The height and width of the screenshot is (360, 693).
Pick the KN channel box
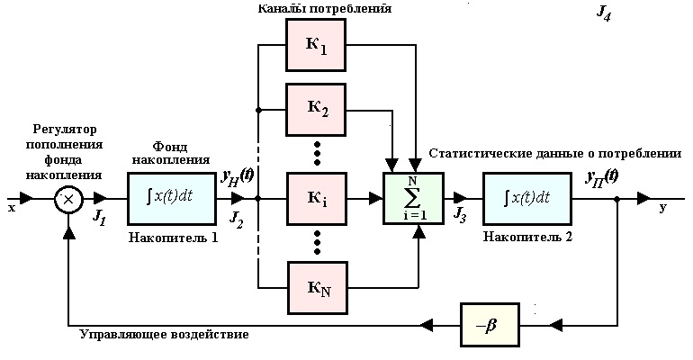point(317,288)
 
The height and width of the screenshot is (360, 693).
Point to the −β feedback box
point(490,324)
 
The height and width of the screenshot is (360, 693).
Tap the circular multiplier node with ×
point(68,199)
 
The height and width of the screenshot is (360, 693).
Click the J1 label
point(100,218)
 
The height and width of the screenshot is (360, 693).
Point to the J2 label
point(236,218)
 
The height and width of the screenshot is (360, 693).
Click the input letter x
point(11,207)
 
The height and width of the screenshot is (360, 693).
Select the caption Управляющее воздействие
point(164,334)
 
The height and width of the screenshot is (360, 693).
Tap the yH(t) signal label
point(238,177)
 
